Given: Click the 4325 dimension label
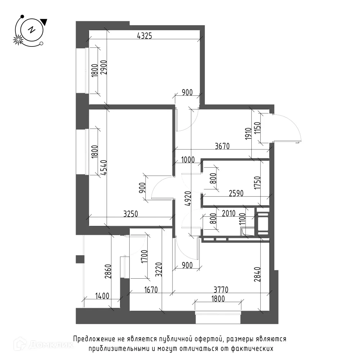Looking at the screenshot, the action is (144, 36).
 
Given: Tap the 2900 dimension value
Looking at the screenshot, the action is (104, 67).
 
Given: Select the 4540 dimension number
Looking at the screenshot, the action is (104, 168).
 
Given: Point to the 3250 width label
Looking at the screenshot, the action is (131, 214).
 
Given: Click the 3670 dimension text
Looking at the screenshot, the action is (222, 146).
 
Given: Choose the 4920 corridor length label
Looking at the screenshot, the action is (188, 198).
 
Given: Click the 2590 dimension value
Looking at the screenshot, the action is (236, 193).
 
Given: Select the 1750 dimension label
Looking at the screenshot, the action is (258, 183).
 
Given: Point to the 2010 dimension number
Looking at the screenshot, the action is (229, 213).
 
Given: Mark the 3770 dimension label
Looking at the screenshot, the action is (221, 290).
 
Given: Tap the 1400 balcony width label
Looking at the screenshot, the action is (102, 296).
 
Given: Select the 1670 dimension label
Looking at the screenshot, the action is (151, 290).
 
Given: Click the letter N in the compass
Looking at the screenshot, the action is (32, 30).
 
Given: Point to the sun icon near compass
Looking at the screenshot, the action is (18, 40).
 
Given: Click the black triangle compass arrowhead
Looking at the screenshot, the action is (44, 22).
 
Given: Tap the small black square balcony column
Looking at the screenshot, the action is (80, 259).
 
